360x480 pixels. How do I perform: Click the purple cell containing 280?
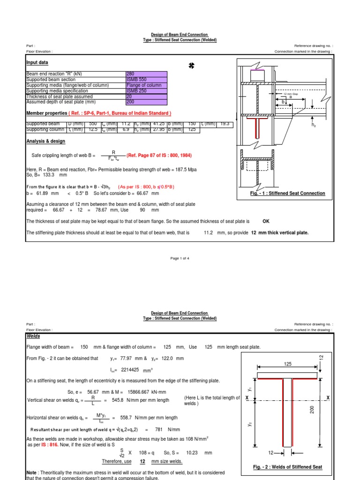146,74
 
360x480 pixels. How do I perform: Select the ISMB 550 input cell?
146,79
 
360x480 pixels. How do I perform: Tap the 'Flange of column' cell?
146,85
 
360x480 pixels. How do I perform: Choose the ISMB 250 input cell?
146,90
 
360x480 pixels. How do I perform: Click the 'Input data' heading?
37,62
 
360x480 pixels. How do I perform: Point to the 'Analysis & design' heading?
45,141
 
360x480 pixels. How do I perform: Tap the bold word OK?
266,221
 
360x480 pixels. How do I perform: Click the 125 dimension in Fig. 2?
287,363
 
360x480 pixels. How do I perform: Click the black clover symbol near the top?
191,67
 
